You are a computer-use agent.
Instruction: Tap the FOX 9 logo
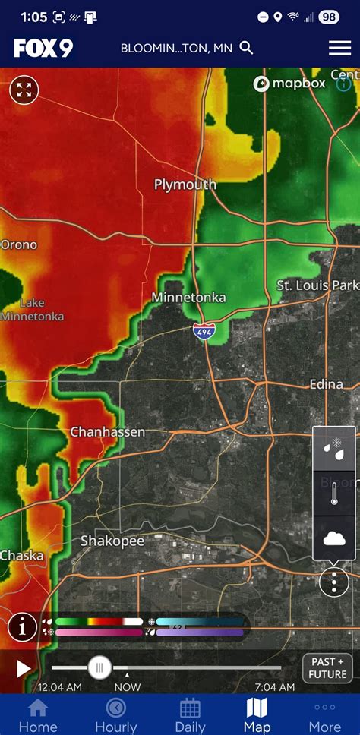tap(43, 48)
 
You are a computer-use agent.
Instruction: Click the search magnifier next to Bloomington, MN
tap(246, 48)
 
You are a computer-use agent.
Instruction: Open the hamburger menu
tap(339, 48)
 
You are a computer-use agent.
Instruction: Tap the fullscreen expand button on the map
tap(24, 90)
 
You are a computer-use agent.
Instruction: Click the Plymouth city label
tap(185, 185)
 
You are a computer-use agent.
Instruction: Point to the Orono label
tap(18, 244)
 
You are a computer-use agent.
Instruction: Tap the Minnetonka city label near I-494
tap(188, 298)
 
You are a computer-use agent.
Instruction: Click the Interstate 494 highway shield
tap(203, 331)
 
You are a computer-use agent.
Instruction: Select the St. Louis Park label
tap(317, 285)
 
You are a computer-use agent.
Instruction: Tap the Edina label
tap(326, 384)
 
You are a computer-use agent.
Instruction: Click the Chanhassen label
tap(107, 431)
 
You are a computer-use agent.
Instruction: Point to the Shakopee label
tap(112, 541)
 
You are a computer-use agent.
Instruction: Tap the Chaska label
tap(21, 555)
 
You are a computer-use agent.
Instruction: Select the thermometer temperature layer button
tap(334, 494)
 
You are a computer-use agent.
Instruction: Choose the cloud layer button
tap(334, 538)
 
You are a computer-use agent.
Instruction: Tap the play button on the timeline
tap(24, 668)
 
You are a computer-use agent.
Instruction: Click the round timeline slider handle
tap(99, 667)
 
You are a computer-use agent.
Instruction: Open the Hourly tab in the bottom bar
tap(115, 715)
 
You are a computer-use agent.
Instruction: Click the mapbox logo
tap(289, 84)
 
